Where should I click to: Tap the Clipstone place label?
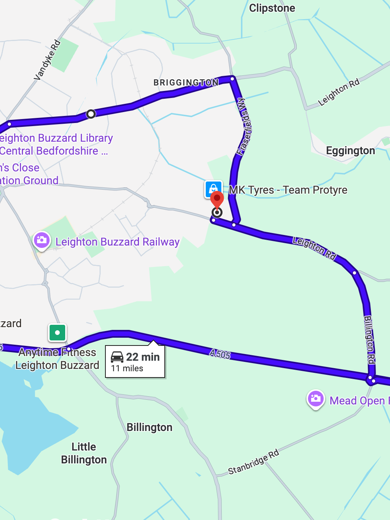point(272,8)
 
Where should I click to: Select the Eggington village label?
point(350,151)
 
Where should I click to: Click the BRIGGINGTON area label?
point(186,82)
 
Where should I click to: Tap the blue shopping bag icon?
point(214,189)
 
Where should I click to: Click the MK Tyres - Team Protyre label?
point(288,190)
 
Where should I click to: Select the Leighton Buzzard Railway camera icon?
point(41,240)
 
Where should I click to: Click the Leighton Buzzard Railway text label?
point(118,242)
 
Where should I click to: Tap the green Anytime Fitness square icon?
point(57,333)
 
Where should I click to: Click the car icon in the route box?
point(117,357)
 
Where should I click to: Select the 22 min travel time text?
point(143,357)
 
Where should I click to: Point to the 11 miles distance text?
point(127,369)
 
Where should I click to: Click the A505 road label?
point(220,354)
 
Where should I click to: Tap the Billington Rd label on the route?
point(369,340)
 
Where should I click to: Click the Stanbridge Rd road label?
point(254,462)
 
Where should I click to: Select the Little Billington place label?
point(84,453)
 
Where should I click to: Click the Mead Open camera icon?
point(315,399)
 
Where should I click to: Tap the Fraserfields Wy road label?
point(244,126)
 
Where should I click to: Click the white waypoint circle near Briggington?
point(91,114)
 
